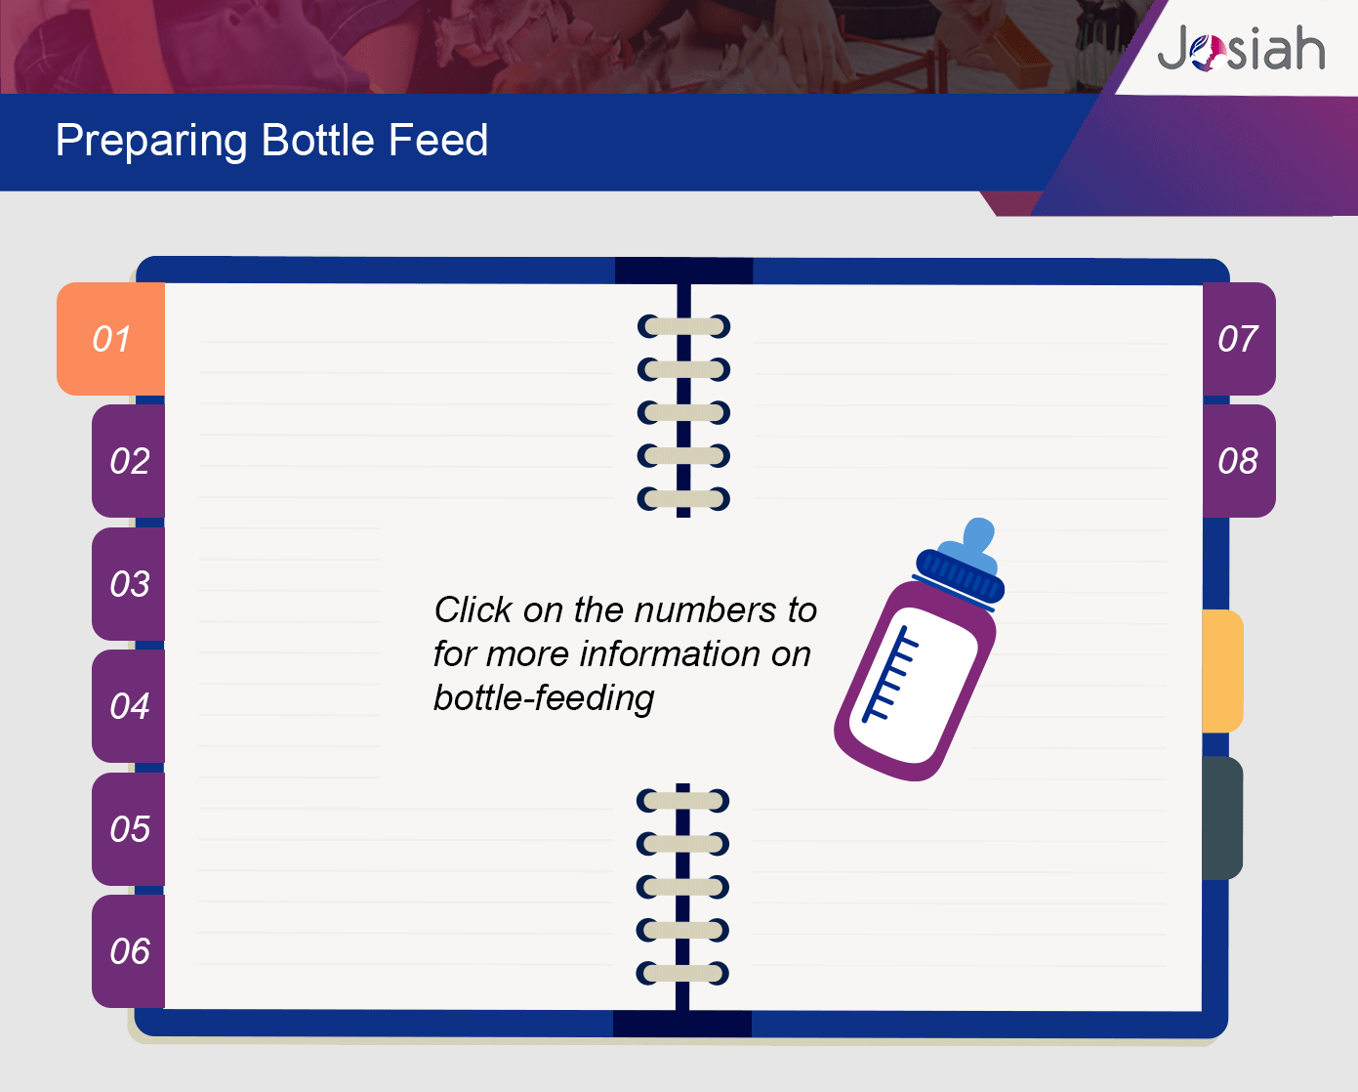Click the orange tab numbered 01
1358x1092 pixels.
click(111, 339)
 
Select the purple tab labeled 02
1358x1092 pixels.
click(129, 461)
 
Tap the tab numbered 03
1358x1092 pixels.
click(129, 583)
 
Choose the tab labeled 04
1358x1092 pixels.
click(129, 706)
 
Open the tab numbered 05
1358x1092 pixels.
click(129, 828)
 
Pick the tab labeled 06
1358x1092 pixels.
click(129, 951)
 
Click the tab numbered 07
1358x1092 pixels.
click(1239, 339)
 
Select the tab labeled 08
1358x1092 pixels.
click(1239, 461)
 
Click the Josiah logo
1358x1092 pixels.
click(1241, 49)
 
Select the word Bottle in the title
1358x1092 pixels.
click(318, 140)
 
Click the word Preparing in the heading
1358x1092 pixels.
click(150, 141)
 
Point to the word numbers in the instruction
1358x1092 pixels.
click(706, 610)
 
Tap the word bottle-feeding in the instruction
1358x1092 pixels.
click(544, 699)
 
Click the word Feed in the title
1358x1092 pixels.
click(438, 140)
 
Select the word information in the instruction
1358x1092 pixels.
click(670, 653)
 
